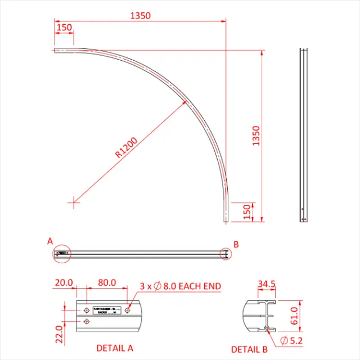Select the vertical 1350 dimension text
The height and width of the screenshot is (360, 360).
click(256, 136)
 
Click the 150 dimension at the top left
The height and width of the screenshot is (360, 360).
click(64, 28)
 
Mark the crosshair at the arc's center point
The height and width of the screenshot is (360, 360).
click(73, 201)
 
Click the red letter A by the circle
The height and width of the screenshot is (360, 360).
click(50, 241)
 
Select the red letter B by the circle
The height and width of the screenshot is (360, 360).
click(236, 244)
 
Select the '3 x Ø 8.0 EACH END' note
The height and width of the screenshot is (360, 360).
click(179, 286)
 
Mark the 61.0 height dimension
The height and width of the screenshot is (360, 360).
click(292, 316)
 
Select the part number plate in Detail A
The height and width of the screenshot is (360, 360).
click(107, 312)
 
